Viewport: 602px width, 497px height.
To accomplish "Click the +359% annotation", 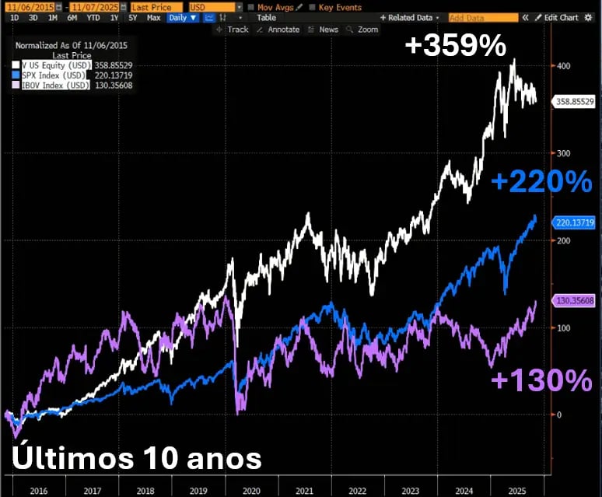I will (x=456, y=46).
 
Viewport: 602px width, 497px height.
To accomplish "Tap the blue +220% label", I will (x=541, y=182).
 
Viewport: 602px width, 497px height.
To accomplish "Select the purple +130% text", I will (x=541, y=380).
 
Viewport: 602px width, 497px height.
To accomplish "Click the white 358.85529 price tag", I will (x=575, y=101).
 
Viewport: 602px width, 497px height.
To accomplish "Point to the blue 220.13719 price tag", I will (x=575, y=222).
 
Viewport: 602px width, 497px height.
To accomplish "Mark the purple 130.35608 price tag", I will (x=575, y=300).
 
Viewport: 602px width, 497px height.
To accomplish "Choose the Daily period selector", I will (x=183, y=17).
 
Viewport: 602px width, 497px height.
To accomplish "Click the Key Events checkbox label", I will (x=340, y=7).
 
